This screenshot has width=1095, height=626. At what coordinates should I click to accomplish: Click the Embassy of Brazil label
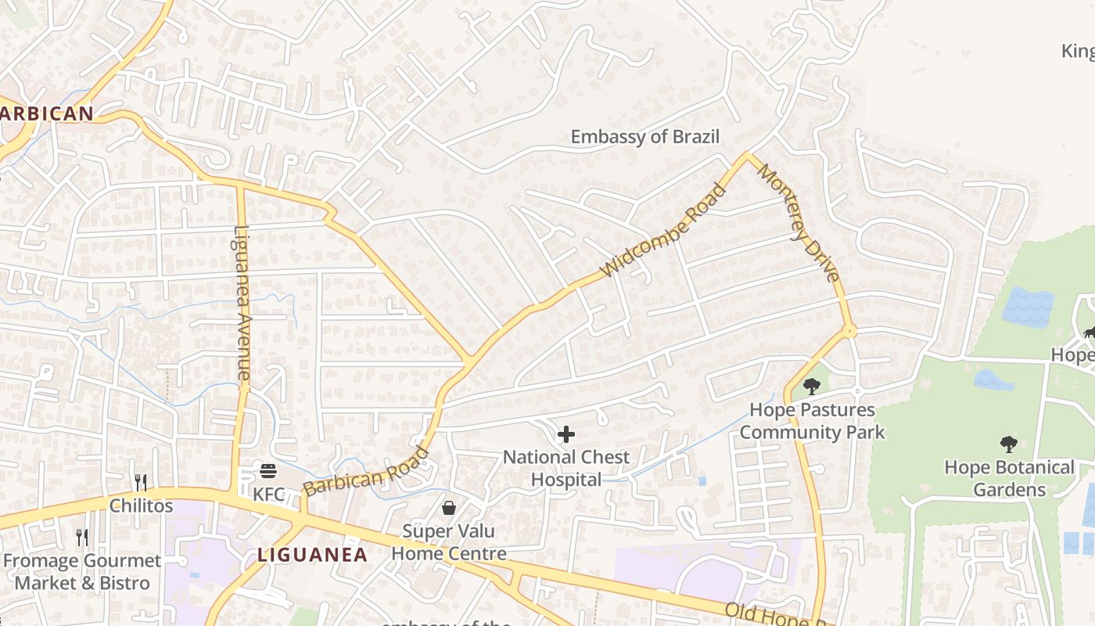(644, 137)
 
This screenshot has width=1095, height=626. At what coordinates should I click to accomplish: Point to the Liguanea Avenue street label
(242, 304)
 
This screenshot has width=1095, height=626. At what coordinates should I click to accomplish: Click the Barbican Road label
(367, 472)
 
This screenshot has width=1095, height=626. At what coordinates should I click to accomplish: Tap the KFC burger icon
(268, 471)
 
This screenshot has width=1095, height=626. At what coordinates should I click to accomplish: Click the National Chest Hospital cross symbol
(566, 434)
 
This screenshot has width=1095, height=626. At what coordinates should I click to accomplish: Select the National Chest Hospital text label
(566, 468)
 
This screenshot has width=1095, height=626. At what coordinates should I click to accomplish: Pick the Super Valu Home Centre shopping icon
(449, 509)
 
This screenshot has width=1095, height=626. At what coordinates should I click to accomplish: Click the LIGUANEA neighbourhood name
(313, 555)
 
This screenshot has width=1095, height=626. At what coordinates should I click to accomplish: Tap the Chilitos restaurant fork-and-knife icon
(141, 482)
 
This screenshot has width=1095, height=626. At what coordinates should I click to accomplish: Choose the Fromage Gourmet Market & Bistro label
(82, 572)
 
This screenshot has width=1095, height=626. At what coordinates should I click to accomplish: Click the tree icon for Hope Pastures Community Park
(812, 386)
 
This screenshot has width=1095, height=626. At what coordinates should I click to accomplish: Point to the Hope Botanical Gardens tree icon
(1009, 444)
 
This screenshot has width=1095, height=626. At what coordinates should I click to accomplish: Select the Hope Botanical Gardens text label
(1009, 478)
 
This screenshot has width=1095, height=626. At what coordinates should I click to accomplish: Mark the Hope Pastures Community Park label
(812, 421)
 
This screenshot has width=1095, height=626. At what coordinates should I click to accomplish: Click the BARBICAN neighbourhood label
(47, 113)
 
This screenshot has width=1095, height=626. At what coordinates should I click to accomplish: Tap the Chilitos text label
(141, 505)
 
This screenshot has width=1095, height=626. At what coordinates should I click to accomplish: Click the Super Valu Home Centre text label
(449, 542)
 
